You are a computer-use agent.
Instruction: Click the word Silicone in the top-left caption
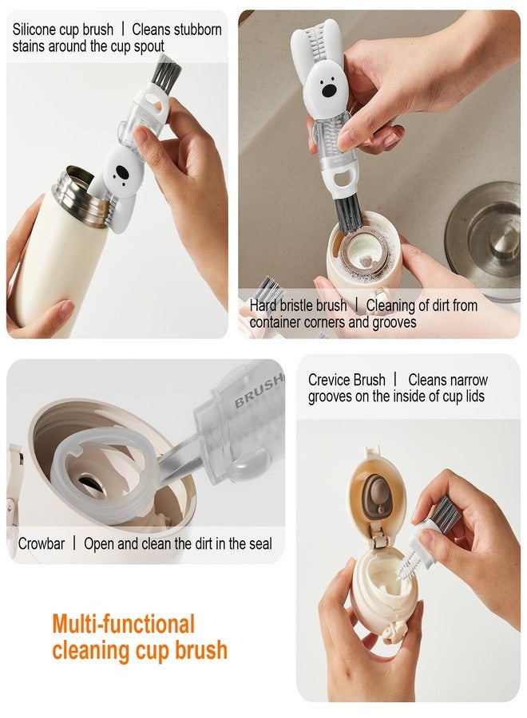[x=38, y=30]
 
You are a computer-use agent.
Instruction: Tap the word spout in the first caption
[x=149, y=47]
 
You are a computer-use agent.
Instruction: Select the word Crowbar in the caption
[x=42, y=544]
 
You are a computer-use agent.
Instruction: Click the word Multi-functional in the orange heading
[x=124, y=624]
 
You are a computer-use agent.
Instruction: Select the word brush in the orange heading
[x=200, y=650]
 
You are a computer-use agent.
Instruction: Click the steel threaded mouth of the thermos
[x=78, y=191]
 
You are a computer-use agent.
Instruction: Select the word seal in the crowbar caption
[x=260, y=544]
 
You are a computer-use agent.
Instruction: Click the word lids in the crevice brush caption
[x=474, y=396]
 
